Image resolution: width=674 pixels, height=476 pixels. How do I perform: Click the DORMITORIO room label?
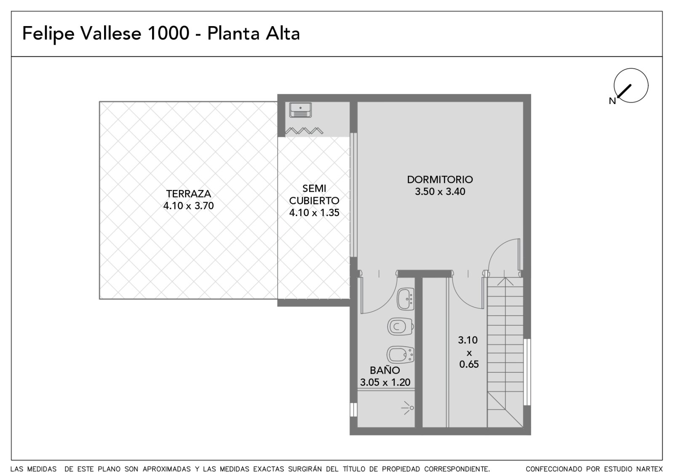pos(440,179)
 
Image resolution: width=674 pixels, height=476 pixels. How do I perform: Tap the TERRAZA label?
pos(188,193)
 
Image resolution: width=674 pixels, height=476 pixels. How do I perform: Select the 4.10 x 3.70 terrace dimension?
pos(188,206)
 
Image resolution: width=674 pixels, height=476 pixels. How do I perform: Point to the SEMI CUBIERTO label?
pos(314,194)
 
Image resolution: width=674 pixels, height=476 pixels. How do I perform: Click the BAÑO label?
pos(385,370)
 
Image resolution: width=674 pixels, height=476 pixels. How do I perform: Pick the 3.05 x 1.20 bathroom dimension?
pos(385,382)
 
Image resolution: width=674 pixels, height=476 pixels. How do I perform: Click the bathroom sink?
pos(405,299)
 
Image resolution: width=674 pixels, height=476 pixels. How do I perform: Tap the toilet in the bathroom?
pos(400,326)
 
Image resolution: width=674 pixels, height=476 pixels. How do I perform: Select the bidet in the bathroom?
pos(400,355)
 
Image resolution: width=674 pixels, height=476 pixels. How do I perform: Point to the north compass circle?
pos(631,68)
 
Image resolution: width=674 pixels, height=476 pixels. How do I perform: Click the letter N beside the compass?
pos(612,101)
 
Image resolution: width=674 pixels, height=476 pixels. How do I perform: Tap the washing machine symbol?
pos(300,110)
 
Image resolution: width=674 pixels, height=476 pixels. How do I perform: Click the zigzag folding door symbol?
pos(304,131)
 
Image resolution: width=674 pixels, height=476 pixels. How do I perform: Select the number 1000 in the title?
pos(168,33)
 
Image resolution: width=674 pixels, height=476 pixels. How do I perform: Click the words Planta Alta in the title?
pos(253,33)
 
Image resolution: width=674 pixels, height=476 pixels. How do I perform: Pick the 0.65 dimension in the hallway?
pos(469,364)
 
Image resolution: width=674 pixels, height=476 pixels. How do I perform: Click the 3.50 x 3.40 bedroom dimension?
pos(440,192)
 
